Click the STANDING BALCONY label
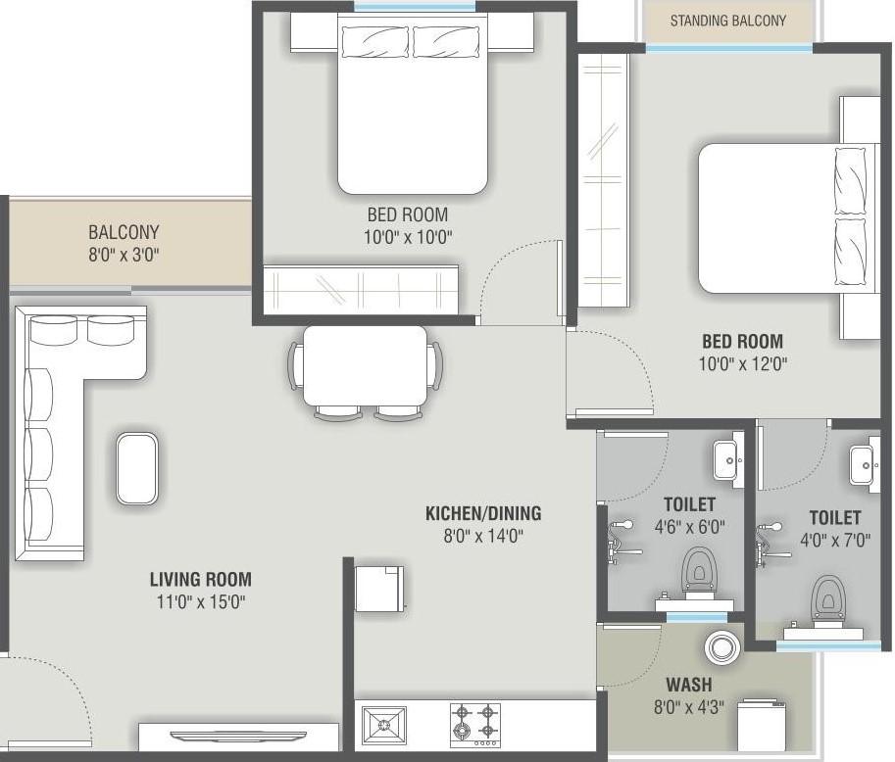pyautogui.click(x=727, y=21)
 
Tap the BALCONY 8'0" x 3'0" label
pyautogui.click(x=124, y=243)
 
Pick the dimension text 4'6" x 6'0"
pyautogui.click(x=688, y=526)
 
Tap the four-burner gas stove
pyautogui.click(x=474, y=726)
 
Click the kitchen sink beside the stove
pyautogui.click(x=384, y=726)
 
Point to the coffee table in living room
pyautogui.click(x=136, y=469)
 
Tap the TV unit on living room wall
pyautogui.click(x=238, y=736)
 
